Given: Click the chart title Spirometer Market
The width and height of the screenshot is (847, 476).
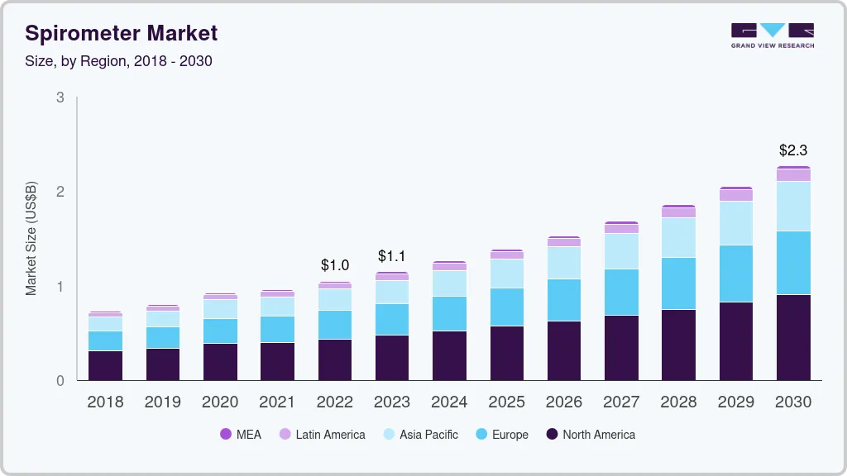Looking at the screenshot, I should pyautogui.click(x=122, y=33).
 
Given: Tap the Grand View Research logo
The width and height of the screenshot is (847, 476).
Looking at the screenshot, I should pyautogui.click(x=772, y=35).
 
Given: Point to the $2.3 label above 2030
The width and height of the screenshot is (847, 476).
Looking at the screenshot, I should pyautogui.click(x=792, y=150).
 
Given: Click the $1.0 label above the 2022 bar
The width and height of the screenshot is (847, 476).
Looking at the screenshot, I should pyautogui.click(x=335, y=265).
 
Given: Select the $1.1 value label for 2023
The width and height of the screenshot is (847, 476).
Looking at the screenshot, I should pyautogui.click(x=392, y=255).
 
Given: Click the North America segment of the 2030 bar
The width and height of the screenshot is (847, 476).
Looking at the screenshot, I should pyautogui.click(x=793, y=337).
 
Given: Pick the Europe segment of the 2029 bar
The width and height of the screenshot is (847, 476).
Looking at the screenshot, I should pyautogui.click(x=735, y=274).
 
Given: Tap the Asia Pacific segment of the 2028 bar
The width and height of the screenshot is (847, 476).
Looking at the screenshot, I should pyautogui.click(x=678, y=237).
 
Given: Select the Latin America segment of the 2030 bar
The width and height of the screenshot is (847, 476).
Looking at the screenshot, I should pyautogui.click(x=793, y=175).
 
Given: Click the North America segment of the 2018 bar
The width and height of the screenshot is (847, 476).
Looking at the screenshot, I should pyautogui.click(x=105, y=365).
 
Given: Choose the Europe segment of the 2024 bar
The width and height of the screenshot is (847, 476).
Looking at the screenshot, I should pyautogui.click(x=449, y=313).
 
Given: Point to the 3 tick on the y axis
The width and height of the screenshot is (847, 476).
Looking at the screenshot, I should pyautogui.click(x=60, y=98).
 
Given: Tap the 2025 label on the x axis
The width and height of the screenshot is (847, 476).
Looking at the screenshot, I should pyautogui.click(x=506, y=402).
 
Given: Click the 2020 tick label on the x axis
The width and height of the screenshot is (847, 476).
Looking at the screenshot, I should pyautogui.click(x=220, y=402).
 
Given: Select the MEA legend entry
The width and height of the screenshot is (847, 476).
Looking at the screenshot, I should pyautogui.click(x=241, y=434).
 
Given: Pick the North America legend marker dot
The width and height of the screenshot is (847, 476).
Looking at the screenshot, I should pyautogui.click(x=552, y=434).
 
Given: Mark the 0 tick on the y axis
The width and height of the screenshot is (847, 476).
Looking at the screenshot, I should pyautogui.click(x=60, y=381).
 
